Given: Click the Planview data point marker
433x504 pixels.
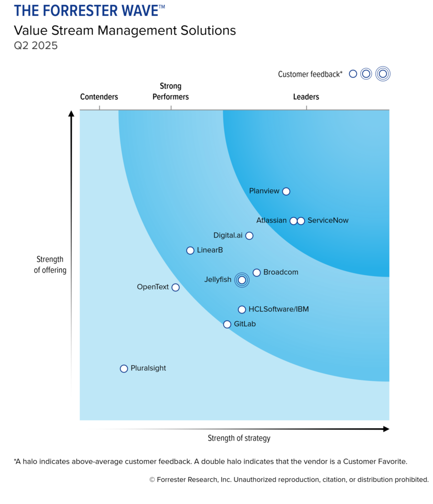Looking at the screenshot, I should click(286, 191).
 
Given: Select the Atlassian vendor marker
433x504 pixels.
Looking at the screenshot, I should click(293, 221).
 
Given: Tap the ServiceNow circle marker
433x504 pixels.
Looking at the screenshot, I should click(301, 221).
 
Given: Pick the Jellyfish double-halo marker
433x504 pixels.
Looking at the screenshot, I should click(241, 280).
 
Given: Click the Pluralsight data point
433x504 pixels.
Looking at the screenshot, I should click(124, 369).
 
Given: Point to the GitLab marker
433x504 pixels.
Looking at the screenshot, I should click(227, 324).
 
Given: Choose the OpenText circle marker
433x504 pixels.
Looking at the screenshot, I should click(175, 287).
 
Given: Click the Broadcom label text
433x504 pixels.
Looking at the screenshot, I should click(281, 272).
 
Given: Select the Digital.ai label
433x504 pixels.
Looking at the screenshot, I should click(228, 235).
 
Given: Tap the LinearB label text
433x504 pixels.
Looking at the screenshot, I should click(210, 250).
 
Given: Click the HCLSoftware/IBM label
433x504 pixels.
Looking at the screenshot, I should click(279, 309).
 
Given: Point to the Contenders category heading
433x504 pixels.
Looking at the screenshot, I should click(99, 97).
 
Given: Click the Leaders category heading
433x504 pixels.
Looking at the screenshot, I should click(306, 97).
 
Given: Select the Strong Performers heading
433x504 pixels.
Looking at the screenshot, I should click(171, 92).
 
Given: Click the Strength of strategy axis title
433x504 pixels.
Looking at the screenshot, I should click(239, 438).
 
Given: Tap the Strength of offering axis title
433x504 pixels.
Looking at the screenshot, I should click(50, 265).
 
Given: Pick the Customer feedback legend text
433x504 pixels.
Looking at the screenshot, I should click(310, 74).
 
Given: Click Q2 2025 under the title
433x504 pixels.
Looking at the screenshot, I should click(36, 46).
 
